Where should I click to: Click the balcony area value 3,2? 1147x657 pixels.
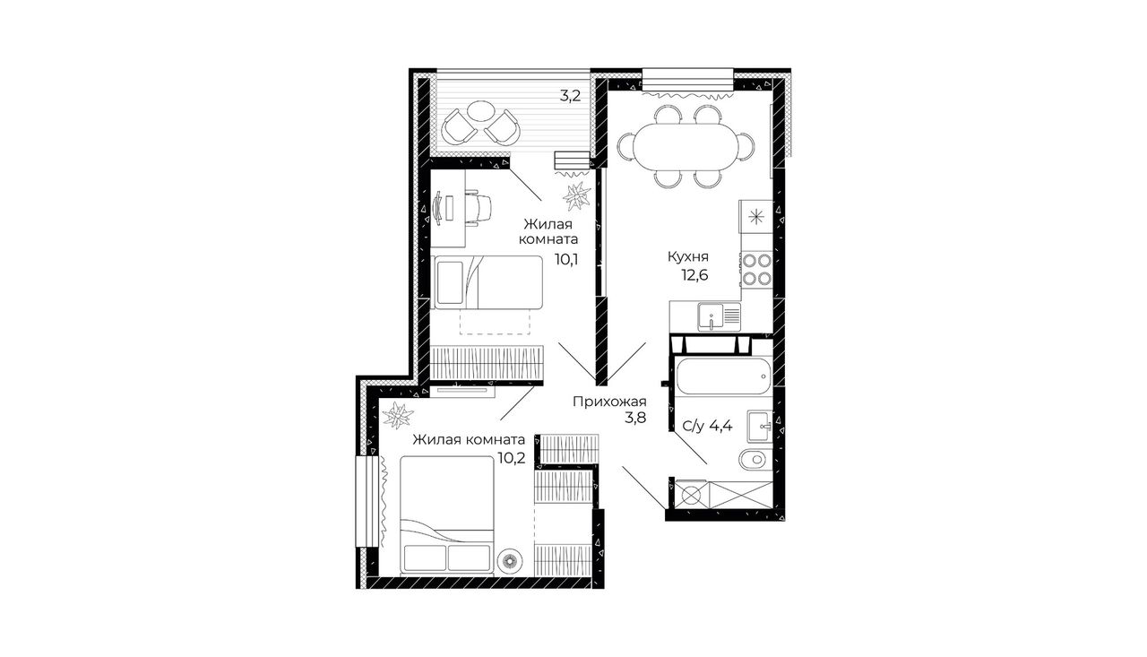(570, 96)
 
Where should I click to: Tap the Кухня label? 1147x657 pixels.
(688, 256)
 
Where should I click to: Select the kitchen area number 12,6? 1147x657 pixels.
(694, 275)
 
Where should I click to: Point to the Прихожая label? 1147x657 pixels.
(609, 402)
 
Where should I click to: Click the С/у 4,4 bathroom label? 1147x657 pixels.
(708, 426)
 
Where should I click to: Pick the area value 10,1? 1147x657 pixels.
(566, 260)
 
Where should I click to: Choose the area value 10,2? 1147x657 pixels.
(512, 458)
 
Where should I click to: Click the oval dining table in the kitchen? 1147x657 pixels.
(686, 148)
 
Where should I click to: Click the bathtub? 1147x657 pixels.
(724, 376)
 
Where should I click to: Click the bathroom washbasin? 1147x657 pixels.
(761, 426)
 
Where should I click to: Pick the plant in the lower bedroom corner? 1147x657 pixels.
(398, 415)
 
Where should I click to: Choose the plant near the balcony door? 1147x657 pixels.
(576, 196)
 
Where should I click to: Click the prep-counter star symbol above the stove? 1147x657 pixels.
(755, 217)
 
